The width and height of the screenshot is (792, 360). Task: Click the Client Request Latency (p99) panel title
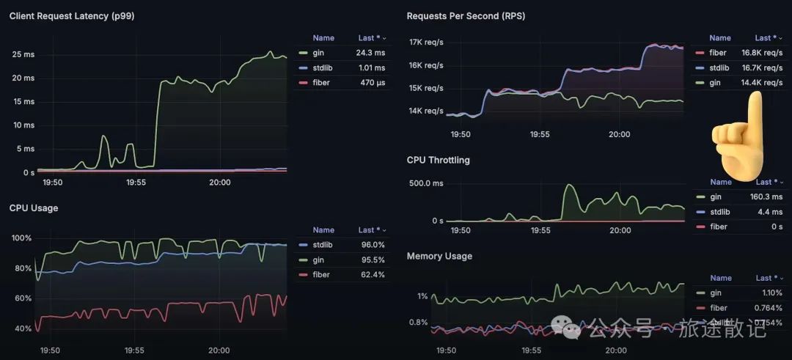pos(71,15)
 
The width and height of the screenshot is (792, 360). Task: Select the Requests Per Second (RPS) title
pos(466,15)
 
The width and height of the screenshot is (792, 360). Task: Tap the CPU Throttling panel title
pos(438,160)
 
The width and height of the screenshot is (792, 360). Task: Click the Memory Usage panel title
pos(439,256)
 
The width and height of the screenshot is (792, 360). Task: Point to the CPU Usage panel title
pos(34,207)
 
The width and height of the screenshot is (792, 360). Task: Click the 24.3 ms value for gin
pos(370,53)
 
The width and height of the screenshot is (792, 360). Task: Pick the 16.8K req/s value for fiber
pos(762,53)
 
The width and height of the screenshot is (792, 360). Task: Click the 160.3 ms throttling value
pos(766,196)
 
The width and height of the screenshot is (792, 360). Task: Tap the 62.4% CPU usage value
pos(371,275)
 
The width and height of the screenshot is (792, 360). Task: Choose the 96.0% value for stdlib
pos(371,245)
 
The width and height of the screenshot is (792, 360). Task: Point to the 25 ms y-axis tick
pos(23,54)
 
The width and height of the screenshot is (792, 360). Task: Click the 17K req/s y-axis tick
pos(425,42)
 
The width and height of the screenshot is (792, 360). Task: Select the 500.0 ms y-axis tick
pos(425,183)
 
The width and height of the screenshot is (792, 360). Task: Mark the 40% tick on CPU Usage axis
pos(21,328)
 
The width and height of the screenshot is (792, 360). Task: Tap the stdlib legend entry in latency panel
pos(321,68)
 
